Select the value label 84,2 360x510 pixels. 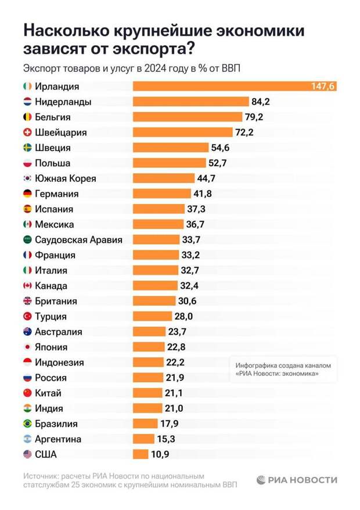(261, 102)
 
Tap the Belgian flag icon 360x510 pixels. (27, 117)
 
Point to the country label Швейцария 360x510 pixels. (61, 132)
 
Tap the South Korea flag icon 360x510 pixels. (27, 178)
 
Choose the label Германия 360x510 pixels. (57, 193)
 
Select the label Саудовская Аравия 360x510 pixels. (79, 239)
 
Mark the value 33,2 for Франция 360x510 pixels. (190, 255)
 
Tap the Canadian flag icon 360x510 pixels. (27, 286)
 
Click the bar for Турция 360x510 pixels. (149, 317)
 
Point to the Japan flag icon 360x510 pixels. (27, 347)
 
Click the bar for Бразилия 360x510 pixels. (145, 423)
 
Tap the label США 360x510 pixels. (46, 454)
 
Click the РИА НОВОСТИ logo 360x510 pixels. (297, 480)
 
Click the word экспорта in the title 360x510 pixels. (145, 48)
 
